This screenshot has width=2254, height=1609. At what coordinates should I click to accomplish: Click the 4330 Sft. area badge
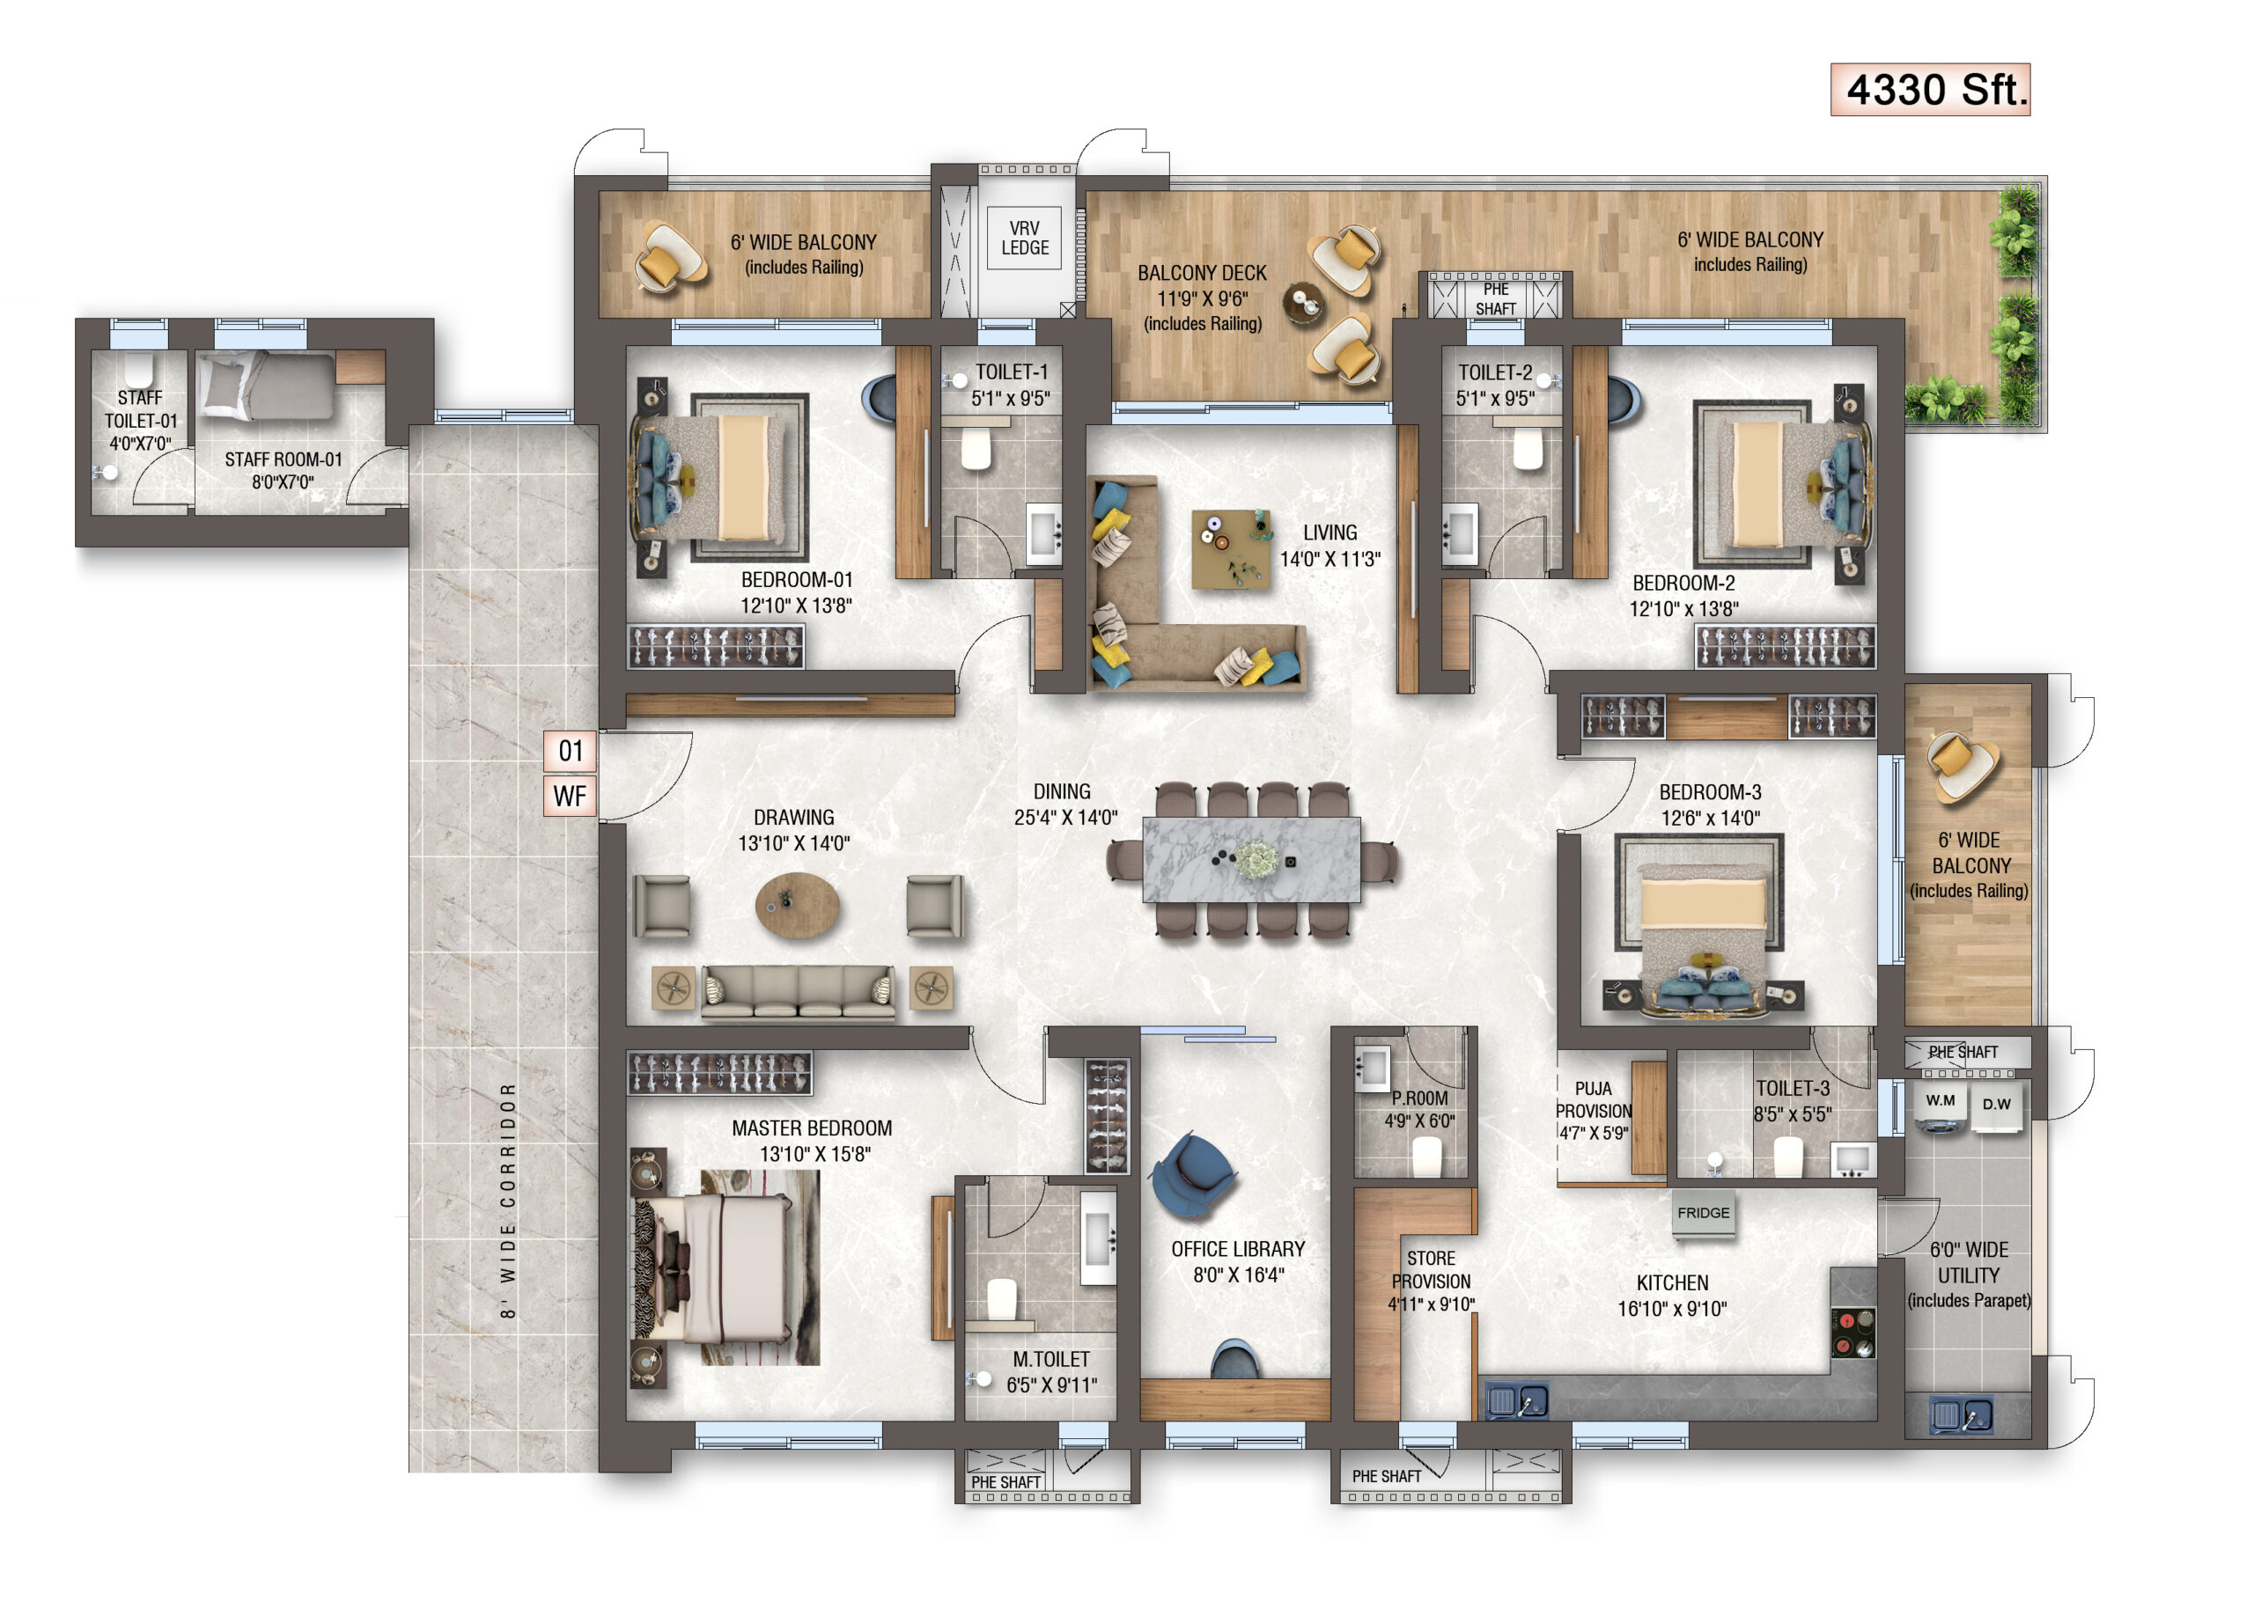coord(1929,89)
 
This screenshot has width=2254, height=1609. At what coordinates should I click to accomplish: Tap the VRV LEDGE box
coord(1025,238)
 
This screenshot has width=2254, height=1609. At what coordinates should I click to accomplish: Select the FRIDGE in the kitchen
coord(1703,1215)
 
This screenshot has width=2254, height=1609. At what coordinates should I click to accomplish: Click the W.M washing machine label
coord(1940,1101)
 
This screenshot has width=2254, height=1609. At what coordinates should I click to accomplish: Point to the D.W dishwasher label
coord(1996,1104)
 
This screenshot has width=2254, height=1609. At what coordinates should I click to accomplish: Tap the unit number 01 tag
coord(570,751)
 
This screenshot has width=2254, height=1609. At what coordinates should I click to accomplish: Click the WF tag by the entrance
coord(570,796)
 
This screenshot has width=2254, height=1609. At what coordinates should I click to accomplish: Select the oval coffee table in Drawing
coord(797,905)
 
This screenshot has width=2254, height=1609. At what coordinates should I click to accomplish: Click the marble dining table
coord(1250,859)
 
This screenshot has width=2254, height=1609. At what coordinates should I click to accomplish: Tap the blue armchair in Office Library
coord(1194,1175)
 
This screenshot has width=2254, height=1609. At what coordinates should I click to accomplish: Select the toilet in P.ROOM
coord(1425,1157)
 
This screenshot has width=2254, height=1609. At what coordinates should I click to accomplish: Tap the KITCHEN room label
coord(1672,1283)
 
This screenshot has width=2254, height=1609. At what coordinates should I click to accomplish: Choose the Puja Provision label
coord(1593,1110)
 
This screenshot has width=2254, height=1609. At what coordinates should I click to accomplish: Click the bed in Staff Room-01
coord(266,386)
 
